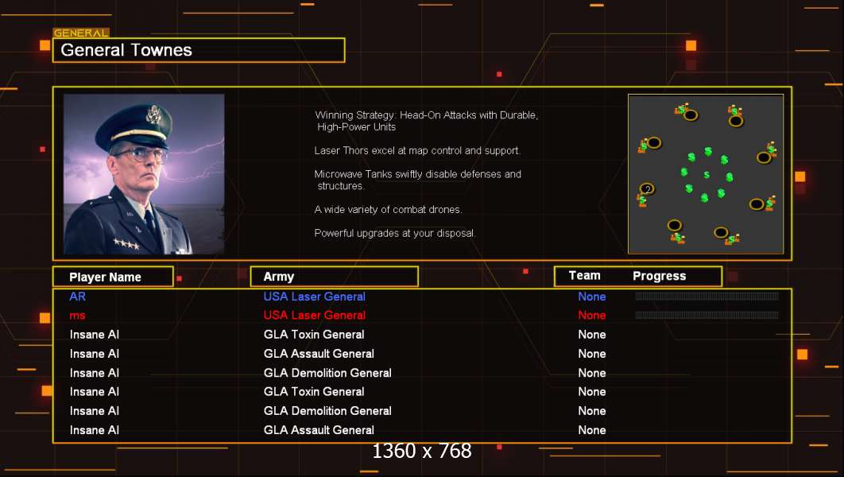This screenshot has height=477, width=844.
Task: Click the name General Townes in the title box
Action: [126, 50]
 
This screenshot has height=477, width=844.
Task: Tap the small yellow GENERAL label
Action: [81, 33]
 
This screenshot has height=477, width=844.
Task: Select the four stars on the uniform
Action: [126, 244]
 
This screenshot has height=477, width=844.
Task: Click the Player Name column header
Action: [105, 277]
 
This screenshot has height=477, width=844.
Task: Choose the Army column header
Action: [278, 277]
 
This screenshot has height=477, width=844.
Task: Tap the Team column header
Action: [585, 276]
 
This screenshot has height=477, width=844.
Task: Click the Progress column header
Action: [660, 276]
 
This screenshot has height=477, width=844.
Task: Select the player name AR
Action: [78, 297]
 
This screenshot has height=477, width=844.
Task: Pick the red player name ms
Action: [78, 316]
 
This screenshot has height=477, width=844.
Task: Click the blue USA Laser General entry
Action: [315, 297]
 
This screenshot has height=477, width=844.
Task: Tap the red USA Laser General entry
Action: [315, 316]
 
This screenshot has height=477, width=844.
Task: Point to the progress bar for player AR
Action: [707, 296]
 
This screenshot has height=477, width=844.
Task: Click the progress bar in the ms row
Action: [707, 315]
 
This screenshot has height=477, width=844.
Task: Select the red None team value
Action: [591, 316]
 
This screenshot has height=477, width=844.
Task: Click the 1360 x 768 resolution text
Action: [422, 451]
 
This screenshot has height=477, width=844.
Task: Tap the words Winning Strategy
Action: [355, 115]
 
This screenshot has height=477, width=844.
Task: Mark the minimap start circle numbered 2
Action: [647, 188]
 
